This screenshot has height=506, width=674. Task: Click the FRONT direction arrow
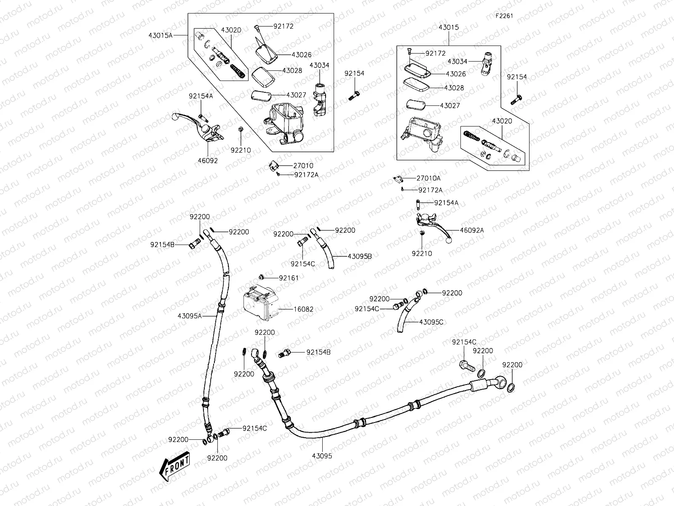click(174, 468)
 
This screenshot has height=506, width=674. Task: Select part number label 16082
click(303, 309)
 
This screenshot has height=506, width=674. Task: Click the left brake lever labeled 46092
click(198, 126)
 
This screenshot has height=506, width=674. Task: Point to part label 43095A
click(190, 315)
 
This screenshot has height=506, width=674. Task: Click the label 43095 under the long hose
click(322, 456)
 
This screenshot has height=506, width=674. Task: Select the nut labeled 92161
click(262, 277)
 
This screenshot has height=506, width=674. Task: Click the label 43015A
click(160, 35)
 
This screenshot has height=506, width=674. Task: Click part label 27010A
click(428, 178)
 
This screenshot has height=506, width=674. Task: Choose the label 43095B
click(360, 256)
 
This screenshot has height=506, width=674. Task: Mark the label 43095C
click(431, 322)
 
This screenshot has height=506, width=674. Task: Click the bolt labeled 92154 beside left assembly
click(353, 96)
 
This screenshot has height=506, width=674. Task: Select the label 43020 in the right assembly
click(502, 121)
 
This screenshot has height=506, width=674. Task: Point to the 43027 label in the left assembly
click(296, 95)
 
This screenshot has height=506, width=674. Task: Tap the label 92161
click(289, 278)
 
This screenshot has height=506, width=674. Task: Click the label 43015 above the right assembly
click(449, 27)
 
